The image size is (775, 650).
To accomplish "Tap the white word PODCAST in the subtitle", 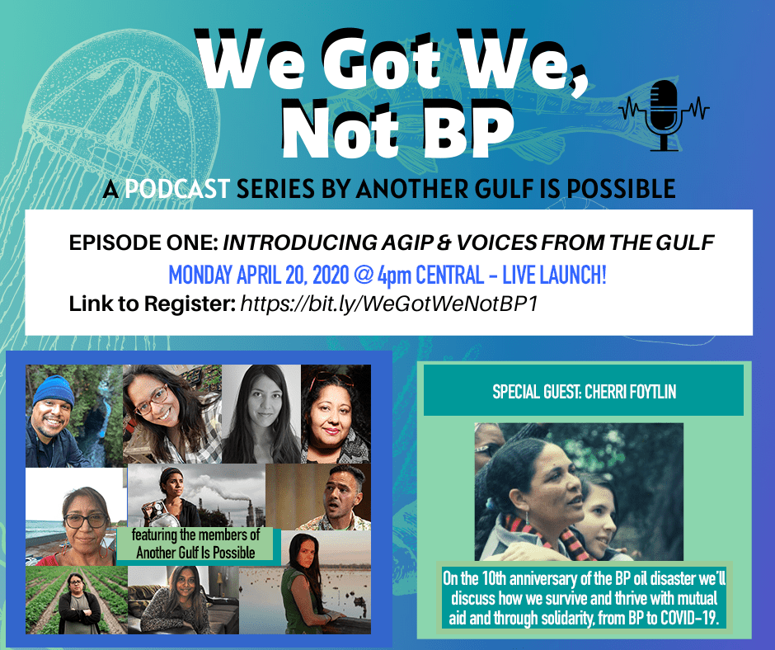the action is pyautogui.click(x=177, y=188).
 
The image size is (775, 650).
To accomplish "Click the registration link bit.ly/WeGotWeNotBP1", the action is pyautogui.click(x=388, y=304).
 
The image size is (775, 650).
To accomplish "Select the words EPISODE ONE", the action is pyautogui.click(x=143, y=243).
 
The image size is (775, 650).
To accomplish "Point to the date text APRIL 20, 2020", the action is pyautogui.click(x=293, y=275).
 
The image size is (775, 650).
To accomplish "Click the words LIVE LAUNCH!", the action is pyautogui.click(x=554, y=275).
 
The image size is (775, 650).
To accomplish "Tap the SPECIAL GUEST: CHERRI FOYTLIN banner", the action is pyautogui.click(x=584, y=391).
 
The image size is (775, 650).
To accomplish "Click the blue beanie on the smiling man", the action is pyautogui.click(x=54, y=390).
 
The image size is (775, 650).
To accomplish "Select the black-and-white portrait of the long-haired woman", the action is pyautogui.click(x=261, y=414).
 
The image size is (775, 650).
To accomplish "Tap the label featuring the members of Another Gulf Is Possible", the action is pyautogui.click(x=195, y=544).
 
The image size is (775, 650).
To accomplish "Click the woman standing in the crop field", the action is pyautogui.click(x=78, y=604).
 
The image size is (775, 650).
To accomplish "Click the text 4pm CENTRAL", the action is pyautogui.click(x=430, y=275).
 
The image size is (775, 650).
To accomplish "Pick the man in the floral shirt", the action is pyautogui.click(x=337, y=498).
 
